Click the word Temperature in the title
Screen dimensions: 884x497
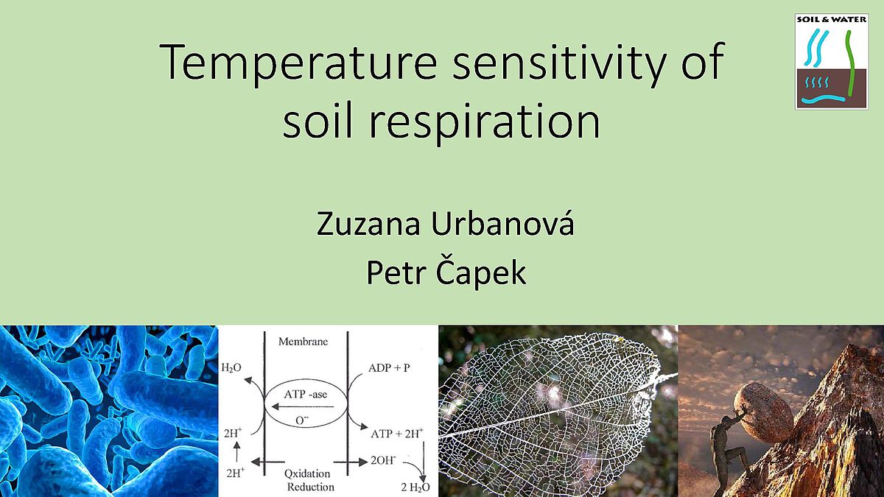point(298,63)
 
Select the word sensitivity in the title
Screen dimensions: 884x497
point(560,63)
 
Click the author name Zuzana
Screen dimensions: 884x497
point(368,224)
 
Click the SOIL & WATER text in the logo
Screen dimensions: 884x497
point(832,19)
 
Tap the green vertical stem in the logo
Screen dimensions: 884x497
point(850,63)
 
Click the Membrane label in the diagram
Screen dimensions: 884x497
point(303,341)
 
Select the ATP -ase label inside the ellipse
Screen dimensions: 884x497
point(306,394)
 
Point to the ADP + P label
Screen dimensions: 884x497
point(389,368)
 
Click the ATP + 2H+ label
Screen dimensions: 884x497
point(397,433)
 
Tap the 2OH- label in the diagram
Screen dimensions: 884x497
point(383,460)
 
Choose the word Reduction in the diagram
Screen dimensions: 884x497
point(311,487)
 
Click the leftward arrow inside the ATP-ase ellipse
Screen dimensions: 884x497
point(303,406)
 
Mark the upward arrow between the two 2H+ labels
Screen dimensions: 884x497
point(236,451)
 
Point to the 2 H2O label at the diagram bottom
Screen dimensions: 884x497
point(415,487)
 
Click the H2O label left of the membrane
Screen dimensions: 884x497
point(231,368)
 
